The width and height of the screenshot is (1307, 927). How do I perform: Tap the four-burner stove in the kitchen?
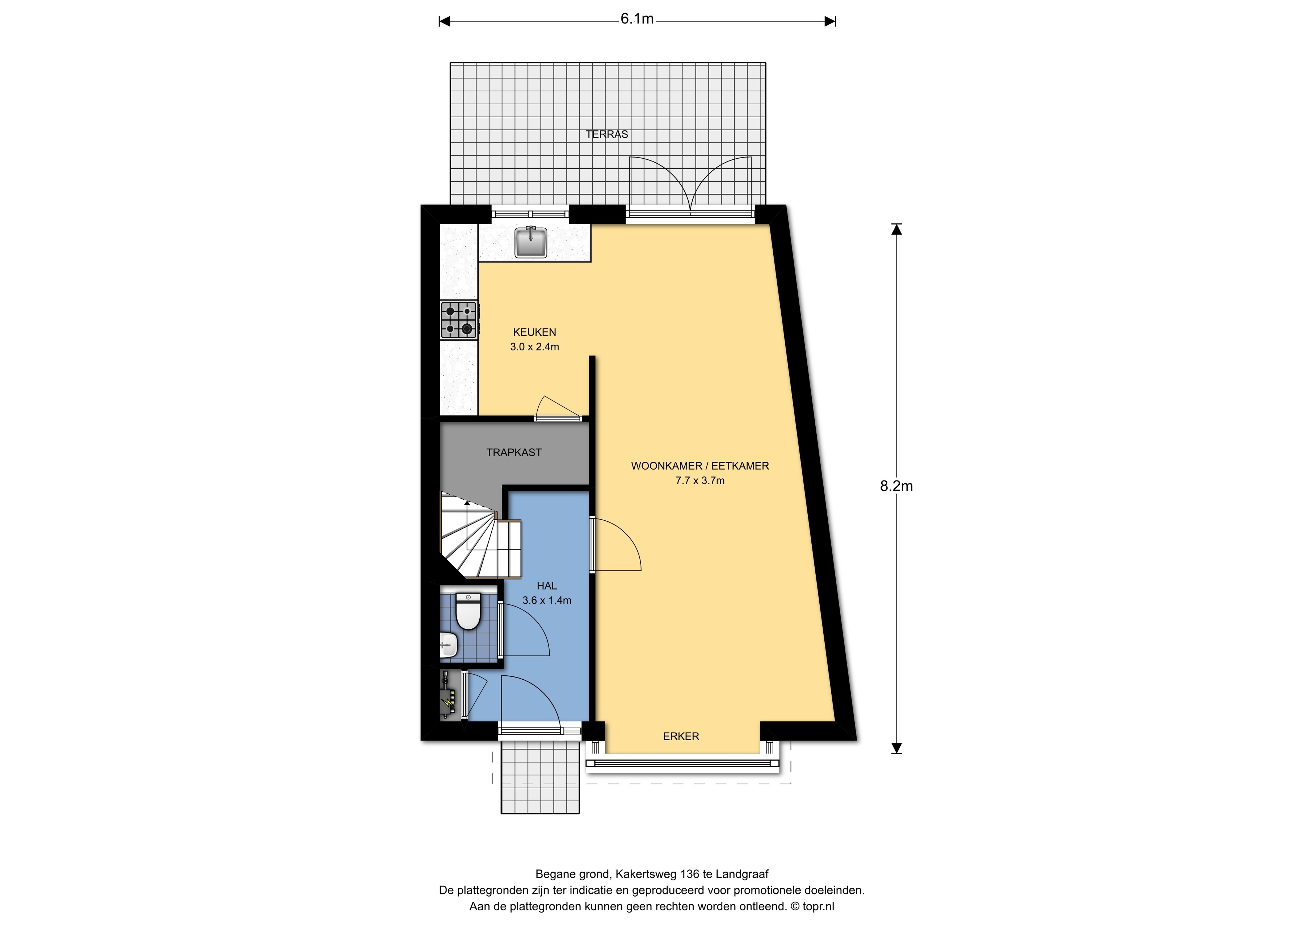click(459, 320)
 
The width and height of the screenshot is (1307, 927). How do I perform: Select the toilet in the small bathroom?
click(468, 611)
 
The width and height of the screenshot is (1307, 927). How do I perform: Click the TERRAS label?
click(607, 134)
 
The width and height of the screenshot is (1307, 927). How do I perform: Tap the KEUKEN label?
click(534, 332)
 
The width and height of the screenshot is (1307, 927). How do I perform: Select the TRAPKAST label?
click(514, 452)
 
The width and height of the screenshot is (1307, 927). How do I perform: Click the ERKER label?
click(681, 736)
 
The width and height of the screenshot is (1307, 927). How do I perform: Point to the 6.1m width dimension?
click(637, 19)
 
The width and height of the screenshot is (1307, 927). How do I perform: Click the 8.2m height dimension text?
click(897, 486)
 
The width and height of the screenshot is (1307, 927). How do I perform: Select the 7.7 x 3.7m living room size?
click(700, 481)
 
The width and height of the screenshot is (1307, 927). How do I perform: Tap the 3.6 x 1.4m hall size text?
click(547, 600)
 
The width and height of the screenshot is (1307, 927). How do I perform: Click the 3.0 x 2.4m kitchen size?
click(534, 347)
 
